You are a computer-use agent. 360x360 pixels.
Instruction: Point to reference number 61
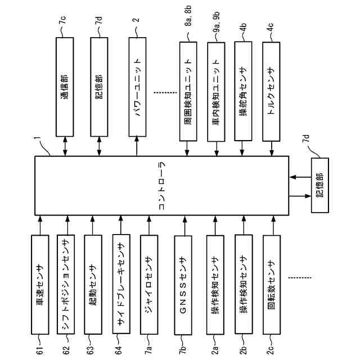(x=40, y=351)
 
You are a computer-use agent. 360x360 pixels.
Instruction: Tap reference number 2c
(x=272, y=351)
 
